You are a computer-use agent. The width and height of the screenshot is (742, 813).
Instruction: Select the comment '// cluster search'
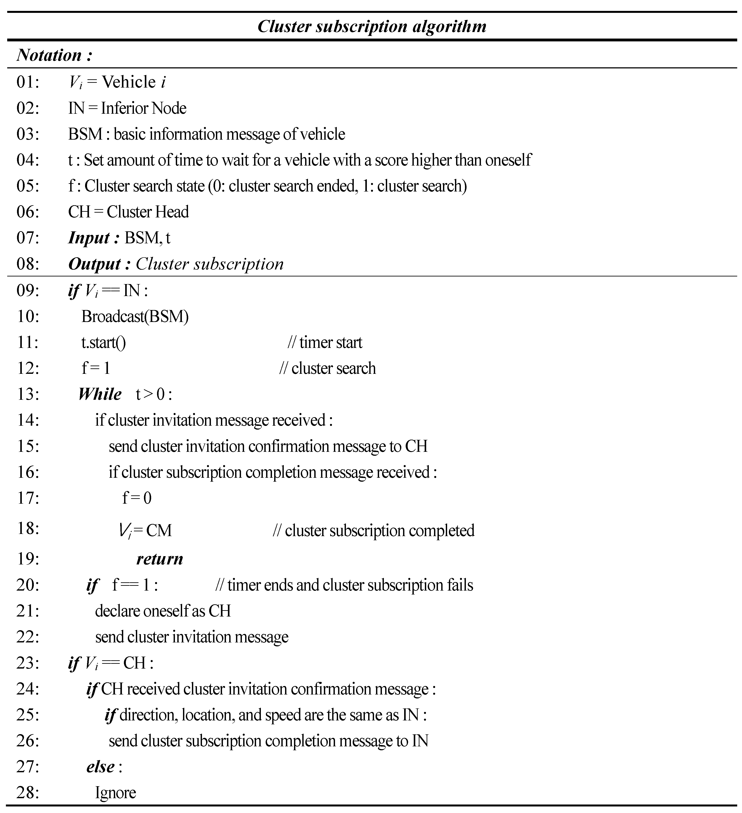tap(327, 368)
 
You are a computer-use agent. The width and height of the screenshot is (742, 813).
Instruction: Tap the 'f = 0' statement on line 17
tap(137, 498)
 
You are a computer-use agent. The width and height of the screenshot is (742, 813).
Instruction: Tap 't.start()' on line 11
tap(103, 342)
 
